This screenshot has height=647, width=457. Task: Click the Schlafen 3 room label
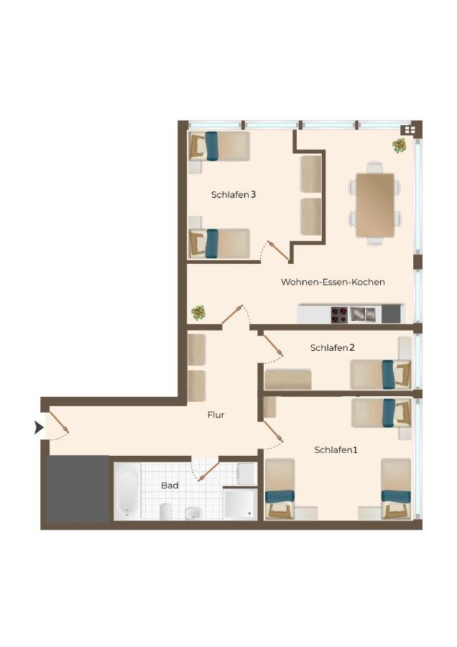[x=234, y=194]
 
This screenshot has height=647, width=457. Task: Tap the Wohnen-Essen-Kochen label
[x=333, y=282]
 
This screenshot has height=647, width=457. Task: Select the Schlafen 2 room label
[x=332, y=347]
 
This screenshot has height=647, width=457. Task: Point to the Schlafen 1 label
[x=336, y=449]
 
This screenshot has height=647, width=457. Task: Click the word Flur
[x=216, y=414]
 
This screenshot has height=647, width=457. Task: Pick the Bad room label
[x=170, y=485]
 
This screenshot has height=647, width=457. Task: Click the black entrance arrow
[x=39, y=428]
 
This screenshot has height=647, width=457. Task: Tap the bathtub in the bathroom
[x=126, y=490]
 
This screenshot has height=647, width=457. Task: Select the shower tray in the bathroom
[x=239, y=503]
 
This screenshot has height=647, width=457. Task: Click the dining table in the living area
[x=375, y=204]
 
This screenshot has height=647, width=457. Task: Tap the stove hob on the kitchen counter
[x=339, y=315]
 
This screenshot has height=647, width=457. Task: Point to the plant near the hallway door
[x=198, y=313]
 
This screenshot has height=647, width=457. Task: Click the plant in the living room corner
[x=399, y=145]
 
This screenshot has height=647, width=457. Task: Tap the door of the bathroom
[x=208, y=471]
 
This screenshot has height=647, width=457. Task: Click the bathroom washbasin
[x=193, y=513]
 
